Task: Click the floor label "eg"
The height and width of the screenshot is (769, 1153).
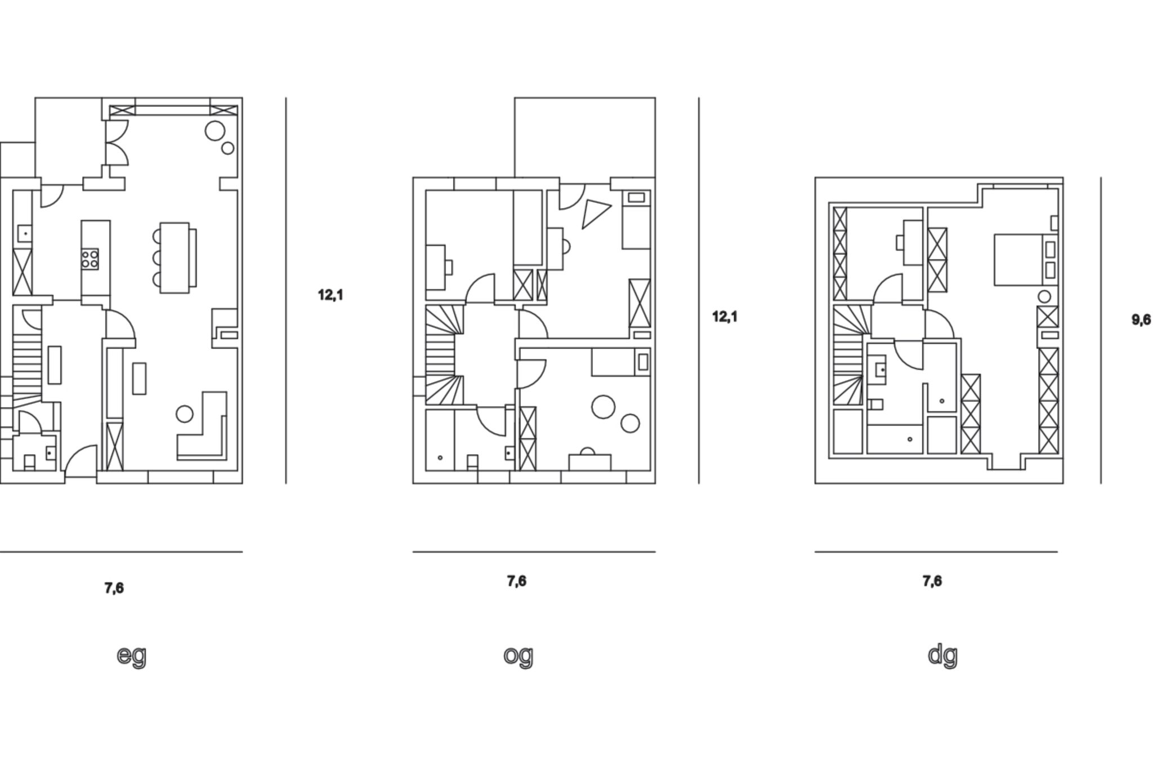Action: [131, 655]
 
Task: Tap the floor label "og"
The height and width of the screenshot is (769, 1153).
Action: [518, 655]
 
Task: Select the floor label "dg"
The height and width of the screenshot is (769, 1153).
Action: [942, 655]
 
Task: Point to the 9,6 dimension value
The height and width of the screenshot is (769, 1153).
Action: [1141, 320]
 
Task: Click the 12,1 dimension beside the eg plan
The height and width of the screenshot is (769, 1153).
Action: [330, 295]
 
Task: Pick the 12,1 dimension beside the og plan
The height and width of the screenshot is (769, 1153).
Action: [725, 317]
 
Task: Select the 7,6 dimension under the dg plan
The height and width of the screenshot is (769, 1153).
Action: [932, 581]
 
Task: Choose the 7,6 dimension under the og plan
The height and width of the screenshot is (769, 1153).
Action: [516, 581]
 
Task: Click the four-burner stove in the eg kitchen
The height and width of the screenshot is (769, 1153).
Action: [90, 259]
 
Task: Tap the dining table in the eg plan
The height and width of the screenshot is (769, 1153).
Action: [175, 257]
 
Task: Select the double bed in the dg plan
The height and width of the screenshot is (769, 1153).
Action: [1018, 260]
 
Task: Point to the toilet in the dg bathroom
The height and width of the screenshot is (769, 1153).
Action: [875, 404]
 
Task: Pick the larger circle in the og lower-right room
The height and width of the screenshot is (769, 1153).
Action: [604, 406]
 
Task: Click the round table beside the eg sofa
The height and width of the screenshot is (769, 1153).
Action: [185, 414]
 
